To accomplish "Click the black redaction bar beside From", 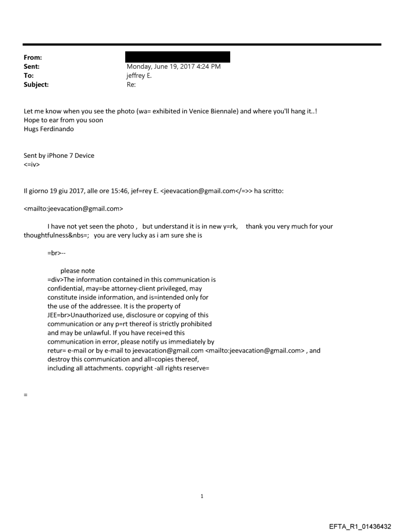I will click(x=178, y=57).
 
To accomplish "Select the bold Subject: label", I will click(x=37, y=85).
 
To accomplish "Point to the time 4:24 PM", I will click(x=208, y=67).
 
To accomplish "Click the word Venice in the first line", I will click(x=183, y=111).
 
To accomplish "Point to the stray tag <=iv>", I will click(x=31, y=164).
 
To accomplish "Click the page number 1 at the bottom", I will click(x=202, y=496).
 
